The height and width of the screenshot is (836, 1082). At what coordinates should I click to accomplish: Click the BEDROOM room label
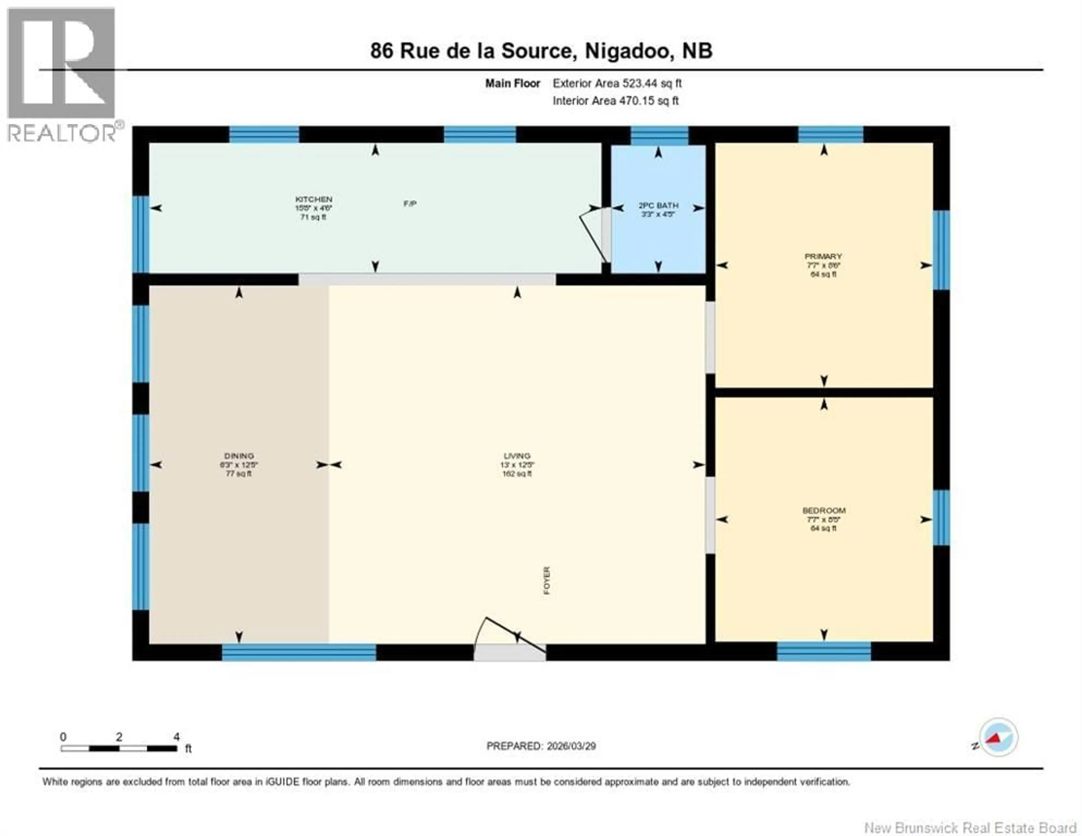pos(823,511)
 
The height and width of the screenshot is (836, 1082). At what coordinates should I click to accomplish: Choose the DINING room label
pos(239,456)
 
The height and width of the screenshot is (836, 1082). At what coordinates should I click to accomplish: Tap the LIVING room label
pos(517,456)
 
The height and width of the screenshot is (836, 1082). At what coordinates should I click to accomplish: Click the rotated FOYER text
pos(546,580)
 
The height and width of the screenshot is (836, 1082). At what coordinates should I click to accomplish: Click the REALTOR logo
pos(62,74)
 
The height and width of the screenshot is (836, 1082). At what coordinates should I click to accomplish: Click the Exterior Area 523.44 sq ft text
pos(617,83)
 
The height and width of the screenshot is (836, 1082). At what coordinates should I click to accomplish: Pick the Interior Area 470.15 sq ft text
pos(615,101)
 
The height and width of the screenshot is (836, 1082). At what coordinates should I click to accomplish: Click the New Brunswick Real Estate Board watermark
pos(970,828)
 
